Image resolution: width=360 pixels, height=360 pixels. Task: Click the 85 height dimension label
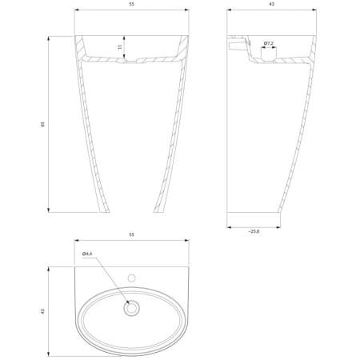(x=42, y=124)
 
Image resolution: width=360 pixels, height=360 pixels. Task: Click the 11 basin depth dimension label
(x=120, y=46)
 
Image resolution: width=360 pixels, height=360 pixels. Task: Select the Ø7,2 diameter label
(x=269, y=43)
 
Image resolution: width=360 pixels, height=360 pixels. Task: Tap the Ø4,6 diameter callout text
(x=87, y=254)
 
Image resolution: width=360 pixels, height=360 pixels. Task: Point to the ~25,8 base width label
(x=254, y=231)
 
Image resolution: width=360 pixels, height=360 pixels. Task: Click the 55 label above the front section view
(x=132, y=4)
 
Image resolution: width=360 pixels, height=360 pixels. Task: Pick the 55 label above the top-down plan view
(x=132, y=234)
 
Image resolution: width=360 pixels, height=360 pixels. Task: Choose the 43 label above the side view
(x=272, y=4)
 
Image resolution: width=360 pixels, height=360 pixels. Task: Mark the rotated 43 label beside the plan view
(x=42, y=311)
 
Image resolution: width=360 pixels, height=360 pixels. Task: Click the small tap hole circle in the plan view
(x=131, y=278)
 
